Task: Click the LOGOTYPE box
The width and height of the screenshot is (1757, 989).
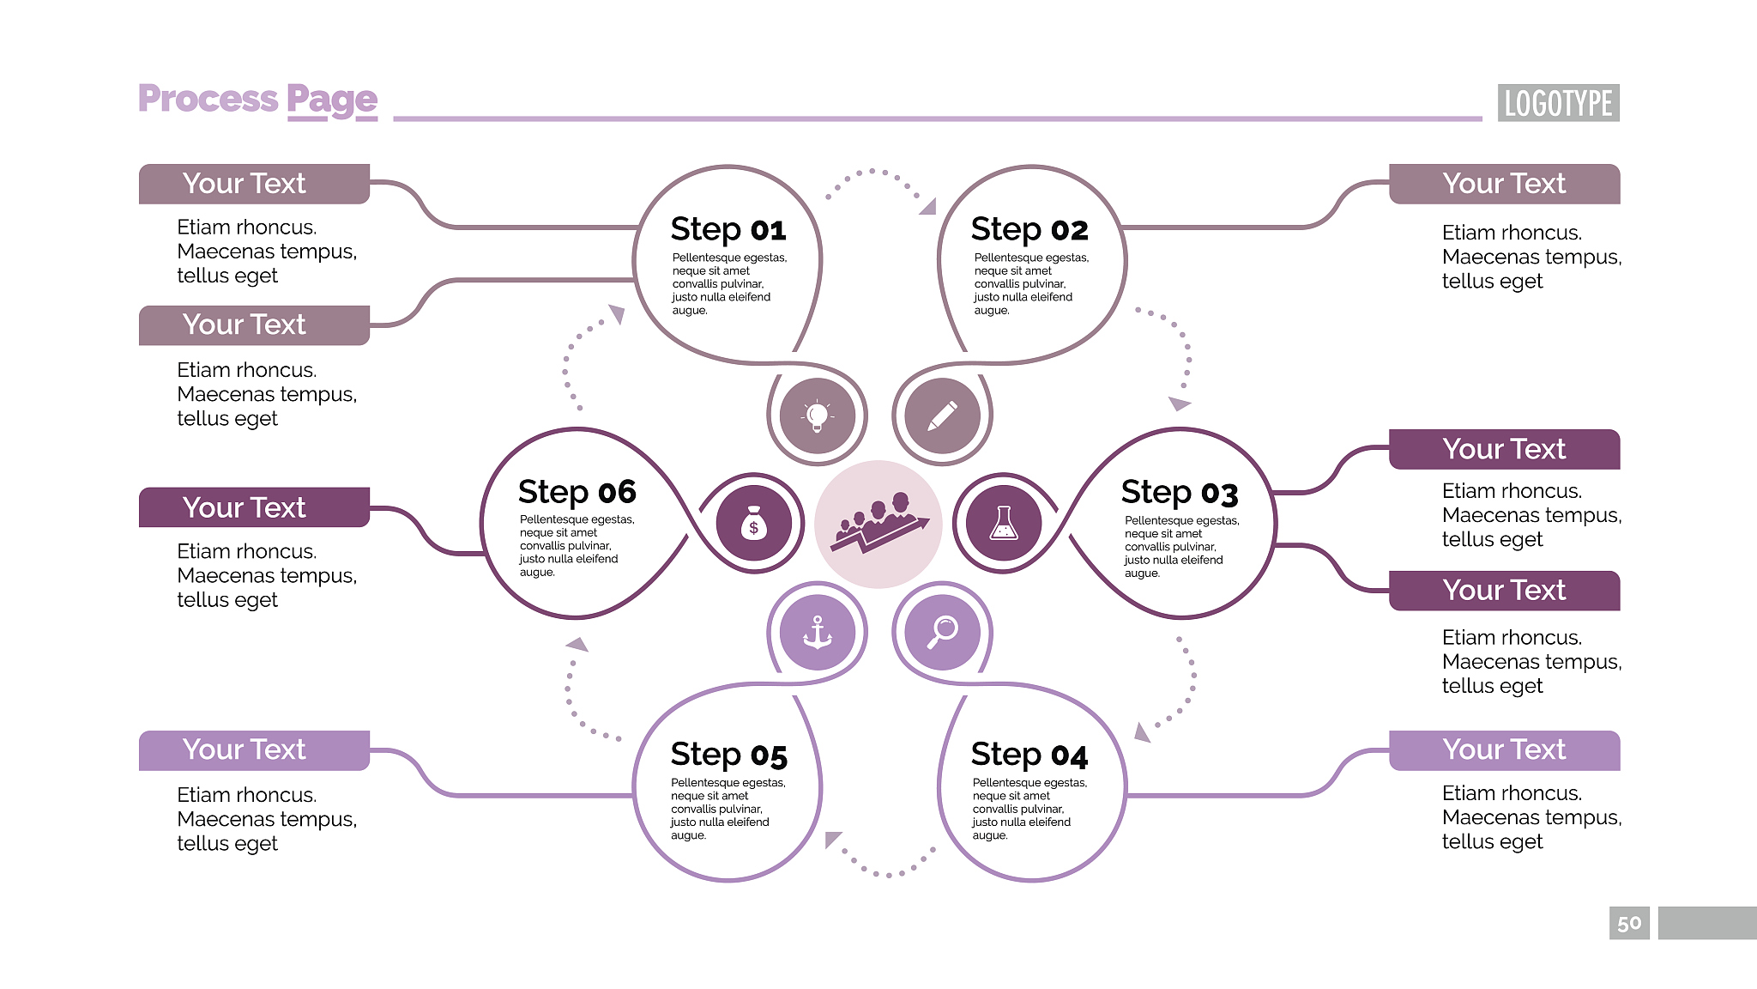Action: [1558, 103]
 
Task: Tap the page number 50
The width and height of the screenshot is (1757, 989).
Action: [1628, 923]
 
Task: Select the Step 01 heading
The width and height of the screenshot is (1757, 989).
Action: [728, 229]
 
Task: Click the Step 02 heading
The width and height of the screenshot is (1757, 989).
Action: [1029, 229]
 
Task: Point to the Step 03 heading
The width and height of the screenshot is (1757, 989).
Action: [1179, 492]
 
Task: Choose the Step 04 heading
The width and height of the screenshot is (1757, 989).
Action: [1029, 755]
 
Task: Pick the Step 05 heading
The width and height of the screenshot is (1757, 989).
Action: [728, 755]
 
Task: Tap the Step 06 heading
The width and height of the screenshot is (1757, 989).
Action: [577, 492]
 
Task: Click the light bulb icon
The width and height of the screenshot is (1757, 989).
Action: [818, 416]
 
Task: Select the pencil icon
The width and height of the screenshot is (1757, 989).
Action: [942, 416]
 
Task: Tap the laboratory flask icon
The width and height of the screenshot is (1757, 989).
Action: [1003, 523]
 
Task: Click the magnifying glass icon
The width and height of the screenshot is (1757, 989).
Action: [942, 632]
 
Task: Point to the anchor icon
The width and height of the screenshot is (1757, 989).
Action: [818, 633]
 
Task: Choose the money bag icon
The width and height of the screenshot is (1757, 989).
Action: [753, 523]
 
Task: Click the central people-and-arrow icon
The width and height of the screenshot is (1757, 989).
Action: [878, 524]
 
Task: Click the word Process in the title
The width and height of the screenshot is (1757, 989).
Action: [208, 99]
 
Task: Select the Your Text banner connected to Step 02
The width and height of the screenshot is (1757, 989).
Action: [1504, 184]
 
